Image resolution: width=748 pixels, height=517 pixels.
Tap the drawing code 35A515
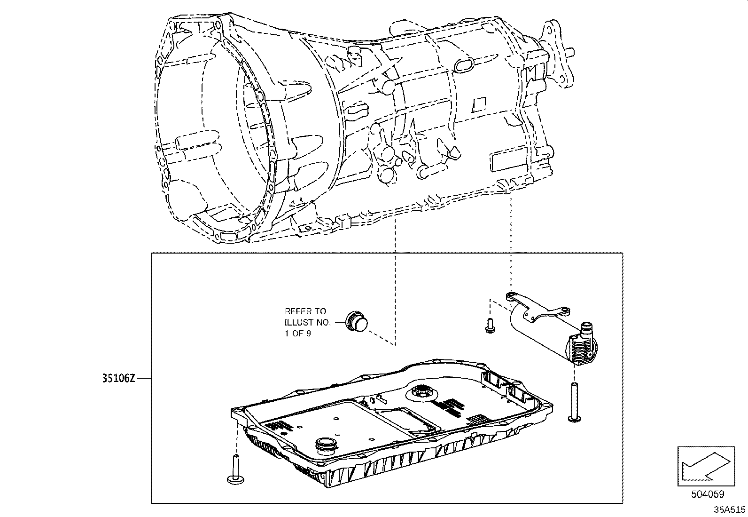(x=730, y=509)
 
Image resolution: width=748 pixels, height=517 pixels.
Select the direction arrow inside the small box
(x=705, y=466)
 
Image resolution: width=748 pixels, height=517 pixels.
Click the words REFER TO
(x=305, y=311)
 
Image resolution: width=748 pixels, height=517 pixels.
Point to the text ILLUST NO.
(x=307, y=322)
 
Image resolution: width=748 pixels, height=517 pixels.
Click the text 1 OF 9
(x=297, y=334)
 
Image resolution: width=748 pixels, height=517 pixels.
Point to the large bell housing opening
(x=207, y=141)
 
